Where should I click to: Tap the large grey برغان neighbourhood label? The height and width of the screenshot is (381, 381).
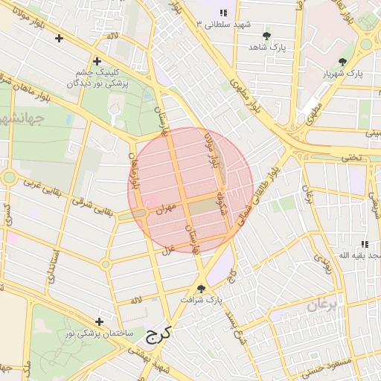[x=323, y=304]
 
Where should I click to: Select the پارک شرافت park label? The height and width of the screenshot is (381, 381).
[x=202, y=300]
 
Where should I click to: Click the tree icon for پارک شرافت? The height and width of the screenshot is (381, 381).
[x=201, y=289]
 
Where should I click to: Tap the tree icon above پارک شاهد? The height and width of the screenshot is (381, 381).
[x=266, y=35]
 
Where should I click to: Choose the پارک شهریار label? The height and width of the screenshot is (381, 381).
[x=343, y=74]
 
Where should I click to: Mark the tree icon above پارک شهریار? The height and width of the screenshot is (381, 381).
[x=342, y=62]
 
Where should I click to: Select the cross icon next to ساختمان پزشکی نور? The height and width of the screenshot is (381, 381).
[x=99, y=321]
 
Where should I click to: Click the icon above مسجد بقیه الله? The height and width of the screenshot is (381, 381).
[x=364, y=244]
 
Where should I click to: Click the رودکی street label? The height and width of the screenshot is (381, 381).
[x=323, y=261]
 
